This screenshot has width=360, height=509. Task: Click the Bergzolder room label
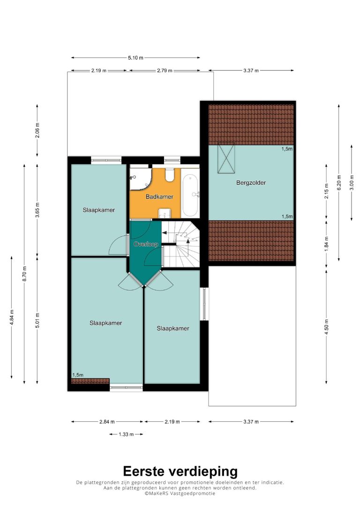click(251, 183)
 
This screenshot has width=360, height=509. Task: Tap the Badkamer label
click(159, 197)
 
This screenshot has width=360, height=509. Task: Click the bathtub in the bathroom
click(190, 196)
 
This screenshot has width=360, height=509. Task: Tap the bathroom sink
click(165, 214)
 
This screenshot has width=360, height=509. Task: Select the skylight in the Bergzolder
click(226, 158)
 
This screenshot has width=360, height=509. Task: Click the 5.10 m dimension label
click(135, 58)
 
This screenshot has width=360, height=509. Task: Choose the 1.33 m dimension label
click(126, 434)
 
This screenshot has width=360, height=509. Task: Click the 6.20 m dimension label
click(339, 183)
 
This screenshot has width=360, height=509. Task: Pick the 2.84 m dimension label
click(107, 422)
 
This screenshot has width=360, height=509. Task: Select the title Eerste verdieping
click(180, 471)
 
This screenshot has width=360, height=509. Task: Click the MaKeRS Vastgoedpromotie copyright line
click(180, 493)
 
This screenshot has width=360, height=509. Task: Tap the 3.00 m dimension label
click(352, 183)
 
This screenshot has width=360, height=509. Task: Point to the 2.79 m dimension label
click(165, 70)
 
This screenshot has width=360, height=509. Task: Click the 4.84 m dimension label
click(11, 317)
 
